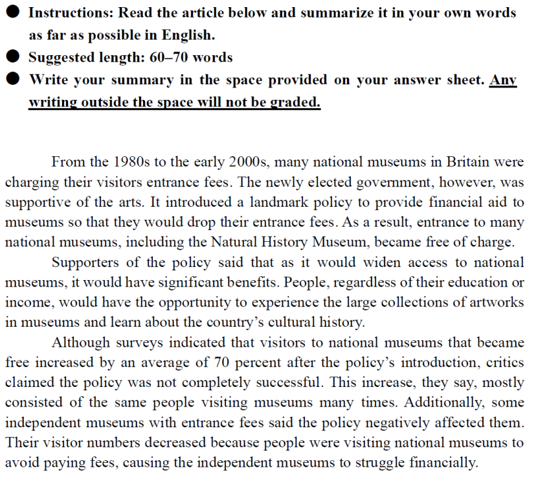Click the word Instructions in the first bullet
click(x=71, y=13)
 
